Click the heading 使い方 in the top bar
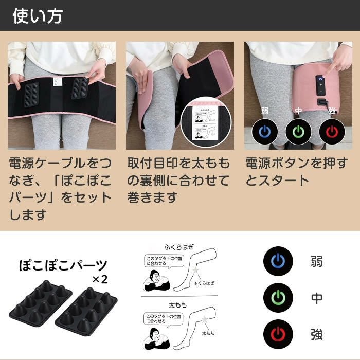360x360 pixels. click(38, 15)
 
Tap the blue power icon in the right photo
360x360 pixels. click(264, 131)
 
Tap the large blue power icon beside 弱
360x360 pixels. click(277, 262)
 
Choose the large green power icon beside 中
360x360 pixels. click(277, 298)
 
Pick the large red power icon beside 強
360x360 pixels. click(277, 333)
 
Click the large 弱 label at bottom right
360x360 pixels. click(317, 262)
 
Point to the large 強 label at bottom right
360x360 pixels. click(317, 334)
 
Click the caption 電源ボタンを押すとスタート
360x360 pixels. click(296, 172)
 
